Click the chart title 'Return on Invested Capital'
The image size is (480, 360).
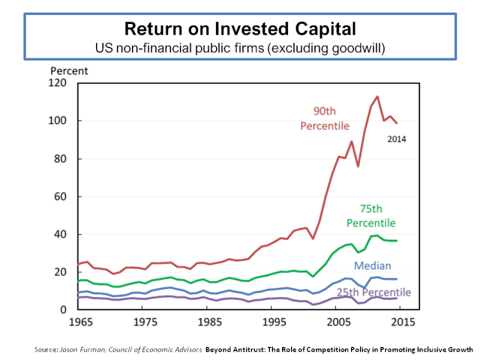click(239, 28)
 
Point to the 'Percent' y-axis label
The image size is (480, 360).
click(69, 71)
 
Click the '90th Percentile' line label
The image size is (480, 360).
click(324, 118)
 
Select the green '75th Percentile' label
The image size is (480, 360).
click(370, 216)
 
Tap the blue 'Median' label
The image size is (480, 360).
click(372, 265)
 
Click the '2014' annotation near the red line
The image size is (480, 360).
click(397, 139)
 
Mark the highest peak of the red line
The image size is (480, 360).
click(377, 97)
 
